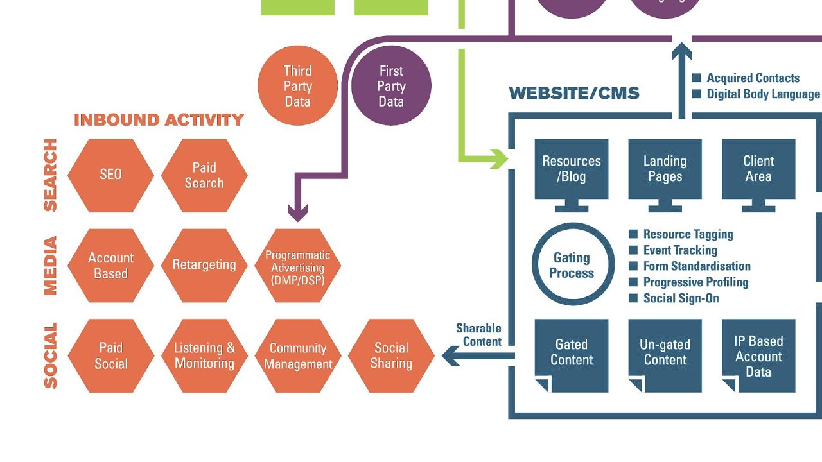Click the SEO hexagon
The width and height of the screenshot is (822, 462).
110,175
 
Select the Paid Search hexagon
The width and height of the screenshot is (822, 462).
204,175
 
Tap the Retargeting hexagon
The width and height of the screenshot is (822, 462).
204,265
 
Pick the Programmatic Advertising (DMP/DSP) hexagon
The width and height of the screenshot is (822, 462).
298,265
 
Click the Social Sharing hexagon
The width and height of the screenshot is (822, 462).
391,355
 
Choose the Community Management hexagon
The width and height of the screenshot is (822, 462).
298,355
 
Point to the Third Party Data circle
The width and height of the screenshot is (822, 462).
297,86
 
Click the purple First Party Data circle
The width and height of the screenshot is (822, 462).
391,86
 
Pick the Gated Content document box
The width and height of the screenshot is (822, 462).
572,355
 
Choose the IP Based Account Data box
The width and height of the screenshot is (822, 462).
758,355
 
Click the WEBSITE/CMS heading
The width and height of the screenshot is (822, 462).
574,94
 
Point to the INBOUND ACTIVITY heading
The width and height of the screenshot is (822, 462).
159,120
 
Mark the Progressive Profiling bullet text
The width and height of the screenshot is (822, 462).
695,282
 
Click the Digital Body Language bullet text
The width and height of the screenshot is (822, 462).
763,94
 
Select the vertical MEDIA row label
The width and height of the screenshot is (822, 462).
50,266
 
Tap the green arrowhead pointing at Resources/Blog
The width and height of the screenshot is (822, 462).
498,158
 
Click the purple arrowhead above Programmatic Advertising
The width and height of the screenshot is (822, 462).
297,213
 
